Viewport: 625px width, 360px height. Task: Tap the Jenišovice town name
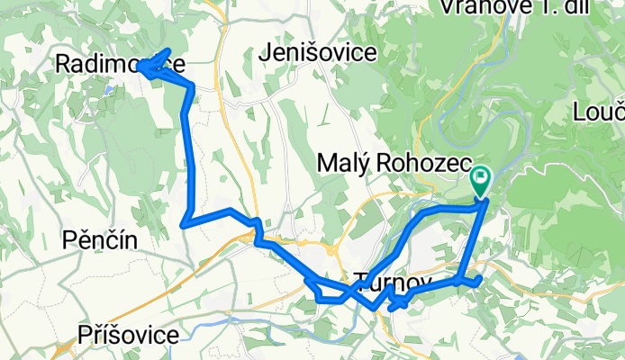pos(316,53)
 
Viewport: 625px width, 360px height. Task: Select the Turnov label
pos(394,283)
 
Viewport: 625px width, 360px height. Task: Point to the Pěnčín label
pos(100,240)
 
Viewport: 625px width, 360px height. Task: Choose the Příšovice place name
pos(128,335)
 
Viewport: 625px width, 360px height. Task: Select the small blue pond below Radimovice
pos(107,90)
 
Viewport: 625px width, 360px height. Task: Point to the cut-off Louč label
pos(598,112)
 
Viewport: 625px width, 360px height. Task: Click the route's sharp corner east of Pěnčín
pos(184,222)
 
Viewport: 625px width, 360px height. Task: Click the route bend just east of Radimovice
pos(192,85)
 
